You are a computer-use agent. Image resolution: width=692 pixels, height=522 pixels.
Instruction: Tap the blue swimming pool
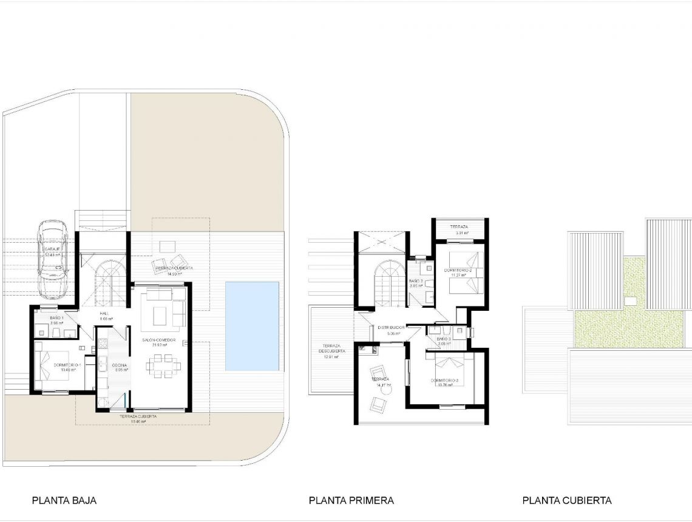click(x=252, y=326)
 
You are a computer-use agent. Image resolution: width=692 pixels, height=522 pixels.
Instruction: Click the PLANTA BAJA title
click(x=64, y=501)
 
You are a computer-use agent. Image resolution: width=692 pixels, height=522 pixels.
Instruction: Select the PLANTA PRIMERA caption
click(x=351, y=501)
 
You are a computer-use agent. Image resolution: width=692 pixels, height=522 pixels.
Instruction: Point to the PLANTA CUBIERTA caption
click(x=566, y=501)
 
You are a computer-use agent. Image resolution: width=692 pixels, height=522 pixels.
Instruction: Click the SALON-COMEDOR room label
click(x=158, y=340)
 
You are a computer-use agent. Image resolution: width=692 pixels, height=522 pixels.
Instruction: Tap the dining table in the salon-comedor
click(x=163, y=365)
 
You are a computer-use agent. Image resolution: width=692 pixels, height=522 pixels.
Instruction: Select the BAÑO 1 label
click(x=57, y=317)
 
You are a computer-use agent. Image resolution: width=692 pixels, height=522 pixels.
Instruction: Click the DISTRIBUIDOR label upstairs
click(x=391, y=327)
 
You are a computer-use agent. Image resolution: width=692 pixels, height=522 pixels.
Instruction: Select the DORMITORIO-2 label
click(x=455, y=270)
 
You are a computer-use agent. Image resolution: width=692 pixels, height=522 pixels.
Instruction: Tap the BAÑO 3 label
click(x=443, y=339)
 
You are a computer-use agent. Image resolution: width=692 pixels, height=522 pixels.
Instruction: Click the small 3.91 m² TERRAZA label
click(x=459, y=226)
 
